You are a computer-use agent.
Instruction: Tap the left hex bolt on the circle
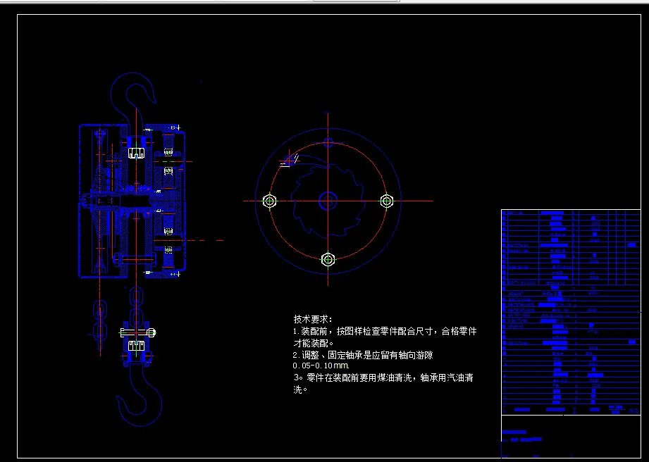pos(269,201)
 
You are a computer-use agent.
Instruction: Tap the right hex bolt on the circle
pos(386,201)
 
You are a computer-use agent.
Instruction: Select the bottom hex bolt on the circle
pos(328,259)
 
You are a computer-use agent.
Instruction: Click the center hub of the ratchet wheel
pos(328,201)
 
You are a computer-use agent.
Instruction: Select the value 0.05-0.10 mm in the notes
pos(321,366)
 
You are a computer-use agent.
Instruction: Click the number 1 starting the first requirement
pos(295,331)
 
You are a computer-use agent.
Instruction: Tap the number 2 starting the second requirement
pos(295,355)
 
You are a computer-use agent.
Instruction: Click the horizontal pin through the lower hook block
pos(137,332)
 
